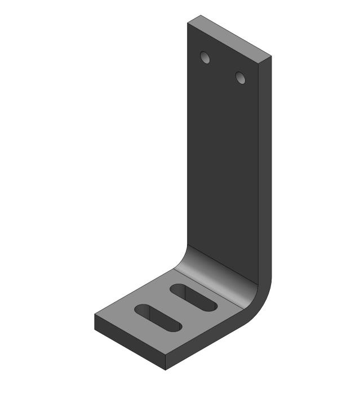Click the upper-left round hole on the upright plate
pyautogui.click(x=205, y=57)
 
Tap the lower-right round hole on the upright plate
pyautogui.click(x=241, y=77)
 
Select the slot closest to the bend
pyautogui.click(x=193, y=297)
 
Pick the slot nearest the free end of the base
pyautogui.click(x=157, y=316)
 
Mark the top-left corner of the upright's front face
pyautogui.click(x=188, y=23)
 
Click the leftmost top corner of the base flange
pyautogui.click(x=94, y=315)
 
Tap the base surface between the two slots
pyautogui.click(x=175, y=307)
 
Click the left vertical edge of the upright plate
pyautogui.click(x=188, y=141)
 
